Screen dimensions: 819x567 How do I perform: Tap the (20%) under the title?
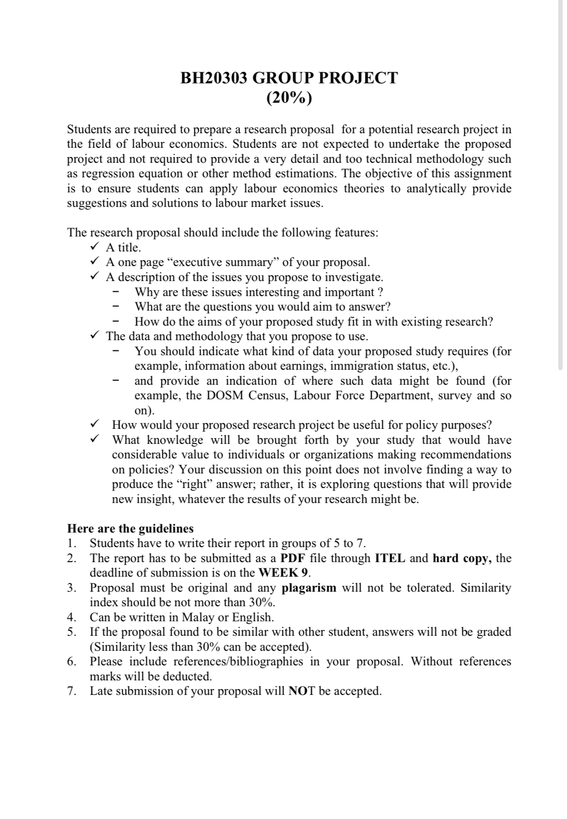pos(289,98)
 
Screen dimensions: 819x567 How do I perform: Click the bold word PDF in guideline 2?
pos(293,558)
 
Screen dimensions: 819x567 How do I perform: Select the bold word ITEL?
pos(390,558)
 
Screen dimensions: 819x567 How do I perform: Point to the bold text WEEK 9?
pos(283,573)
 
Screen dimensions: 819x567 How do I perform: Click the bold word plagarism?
pos(309,588)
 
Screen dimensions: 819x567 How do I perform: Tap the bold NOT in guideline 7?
pos(302,691)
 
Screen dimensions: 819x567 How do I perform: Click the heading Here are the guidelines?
pos(130,528)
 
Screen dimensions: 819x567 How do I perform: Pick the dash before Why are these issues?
pos(115,292)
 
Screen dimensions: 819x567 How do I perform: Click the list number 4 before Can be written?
pos(72,617)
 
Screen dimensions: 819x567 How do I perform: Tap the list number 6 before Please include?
pos(72,661)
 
